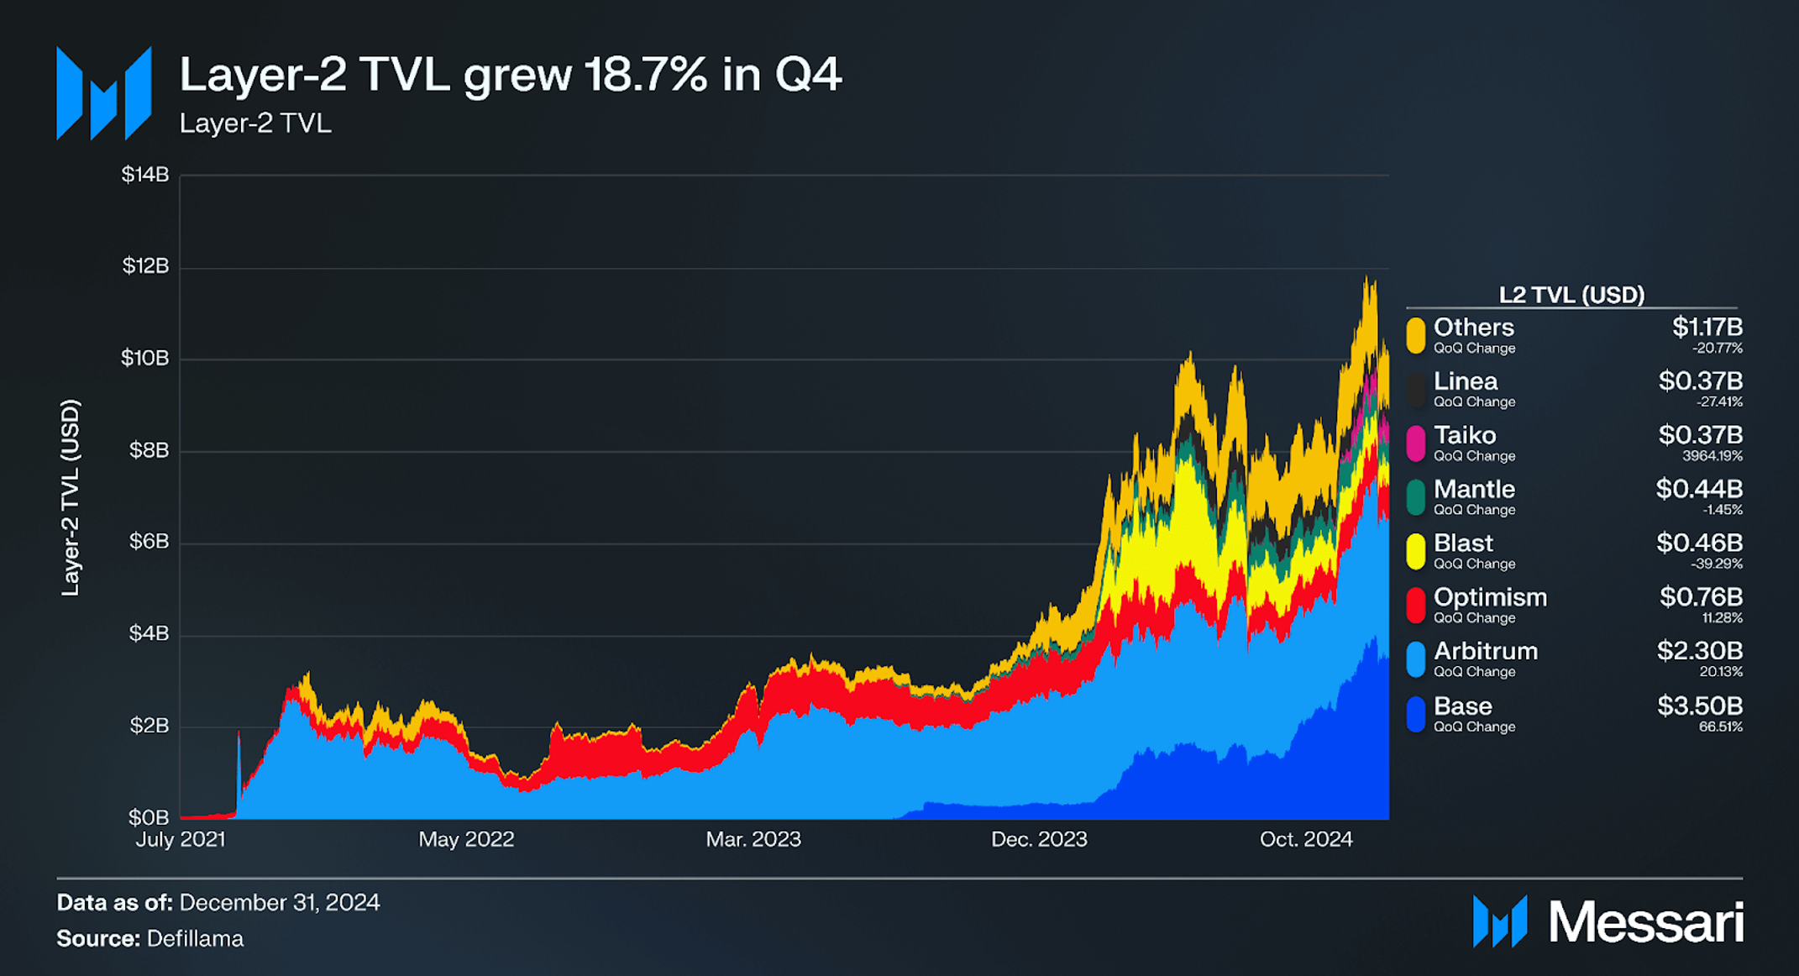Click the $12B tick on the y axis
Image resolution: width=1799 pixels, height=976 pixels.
click(x=146, y=266)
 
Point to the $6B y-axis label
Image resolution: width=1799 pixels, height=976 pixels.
click(x=149, y=542)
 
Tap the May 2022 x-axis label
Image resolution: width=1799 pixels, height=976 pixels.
click(x=466, y=839)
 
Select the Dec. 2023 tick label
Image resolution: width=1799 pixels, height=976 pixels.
click(x=1039, y=839)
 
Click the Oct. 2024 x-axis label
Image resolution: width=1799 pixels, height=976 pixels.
click(x=1306, y=839)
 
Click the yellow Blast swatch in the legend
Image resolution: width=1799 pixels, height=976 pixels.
click(x=1416, y=551)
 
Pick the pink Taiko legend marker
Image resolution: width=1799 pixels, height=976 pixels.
click(x=1416, y=443)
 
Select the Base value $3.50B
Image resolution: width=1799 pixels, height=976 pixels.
click(x=1699, y=706)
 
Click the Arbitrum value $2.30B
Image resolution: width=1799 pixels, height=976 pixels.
click(x=1699, y=651)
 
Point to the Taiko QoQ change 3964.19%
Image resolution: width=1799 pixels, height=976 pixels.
click(x=1712, y=456)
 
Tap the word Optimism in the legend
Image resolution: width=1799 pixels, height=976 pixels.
click(x=1490, y=597)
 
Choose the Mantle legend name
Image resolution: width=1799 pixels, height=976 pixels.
click(x=1474, y=489)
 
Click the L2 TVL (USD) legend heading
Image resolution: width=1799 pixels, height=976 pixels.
click(x=1571, y=295)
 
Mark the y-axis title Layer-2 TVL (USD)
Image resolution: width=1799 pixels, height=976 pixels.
click(x=71, y=497)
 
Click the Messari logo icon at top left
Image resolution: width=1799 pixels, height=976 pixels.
click(x=103, y=93)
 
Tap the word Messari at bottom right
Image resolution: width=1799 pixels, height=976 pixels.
click(x=1645, y=922)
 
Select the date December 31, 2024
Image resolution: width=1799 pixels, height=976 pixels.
click(x=280, y=903)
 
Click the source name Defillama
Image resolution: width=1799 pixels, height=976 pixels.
click(x=195, y=939)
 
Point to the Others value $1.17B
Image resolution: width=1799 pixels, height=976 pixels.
click(x=1707, y=327)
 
